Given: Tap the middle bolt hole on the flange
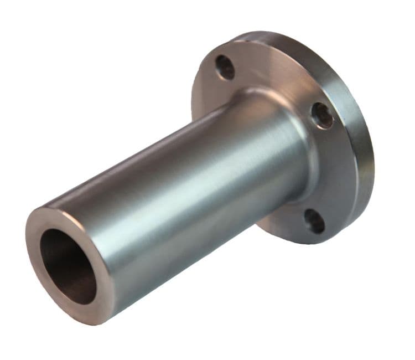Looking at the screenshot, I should pyautogui.click(x=323, y=115).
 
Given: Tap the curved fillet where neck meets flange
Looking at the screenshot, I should pyautogui.click(x=299, y=105).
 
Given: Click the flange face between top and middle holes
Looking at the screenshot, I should pyautogui.click(x=277, y=78).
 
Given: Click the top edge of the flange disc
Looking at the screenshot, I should pyautogui.click(x=260, y=34).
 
